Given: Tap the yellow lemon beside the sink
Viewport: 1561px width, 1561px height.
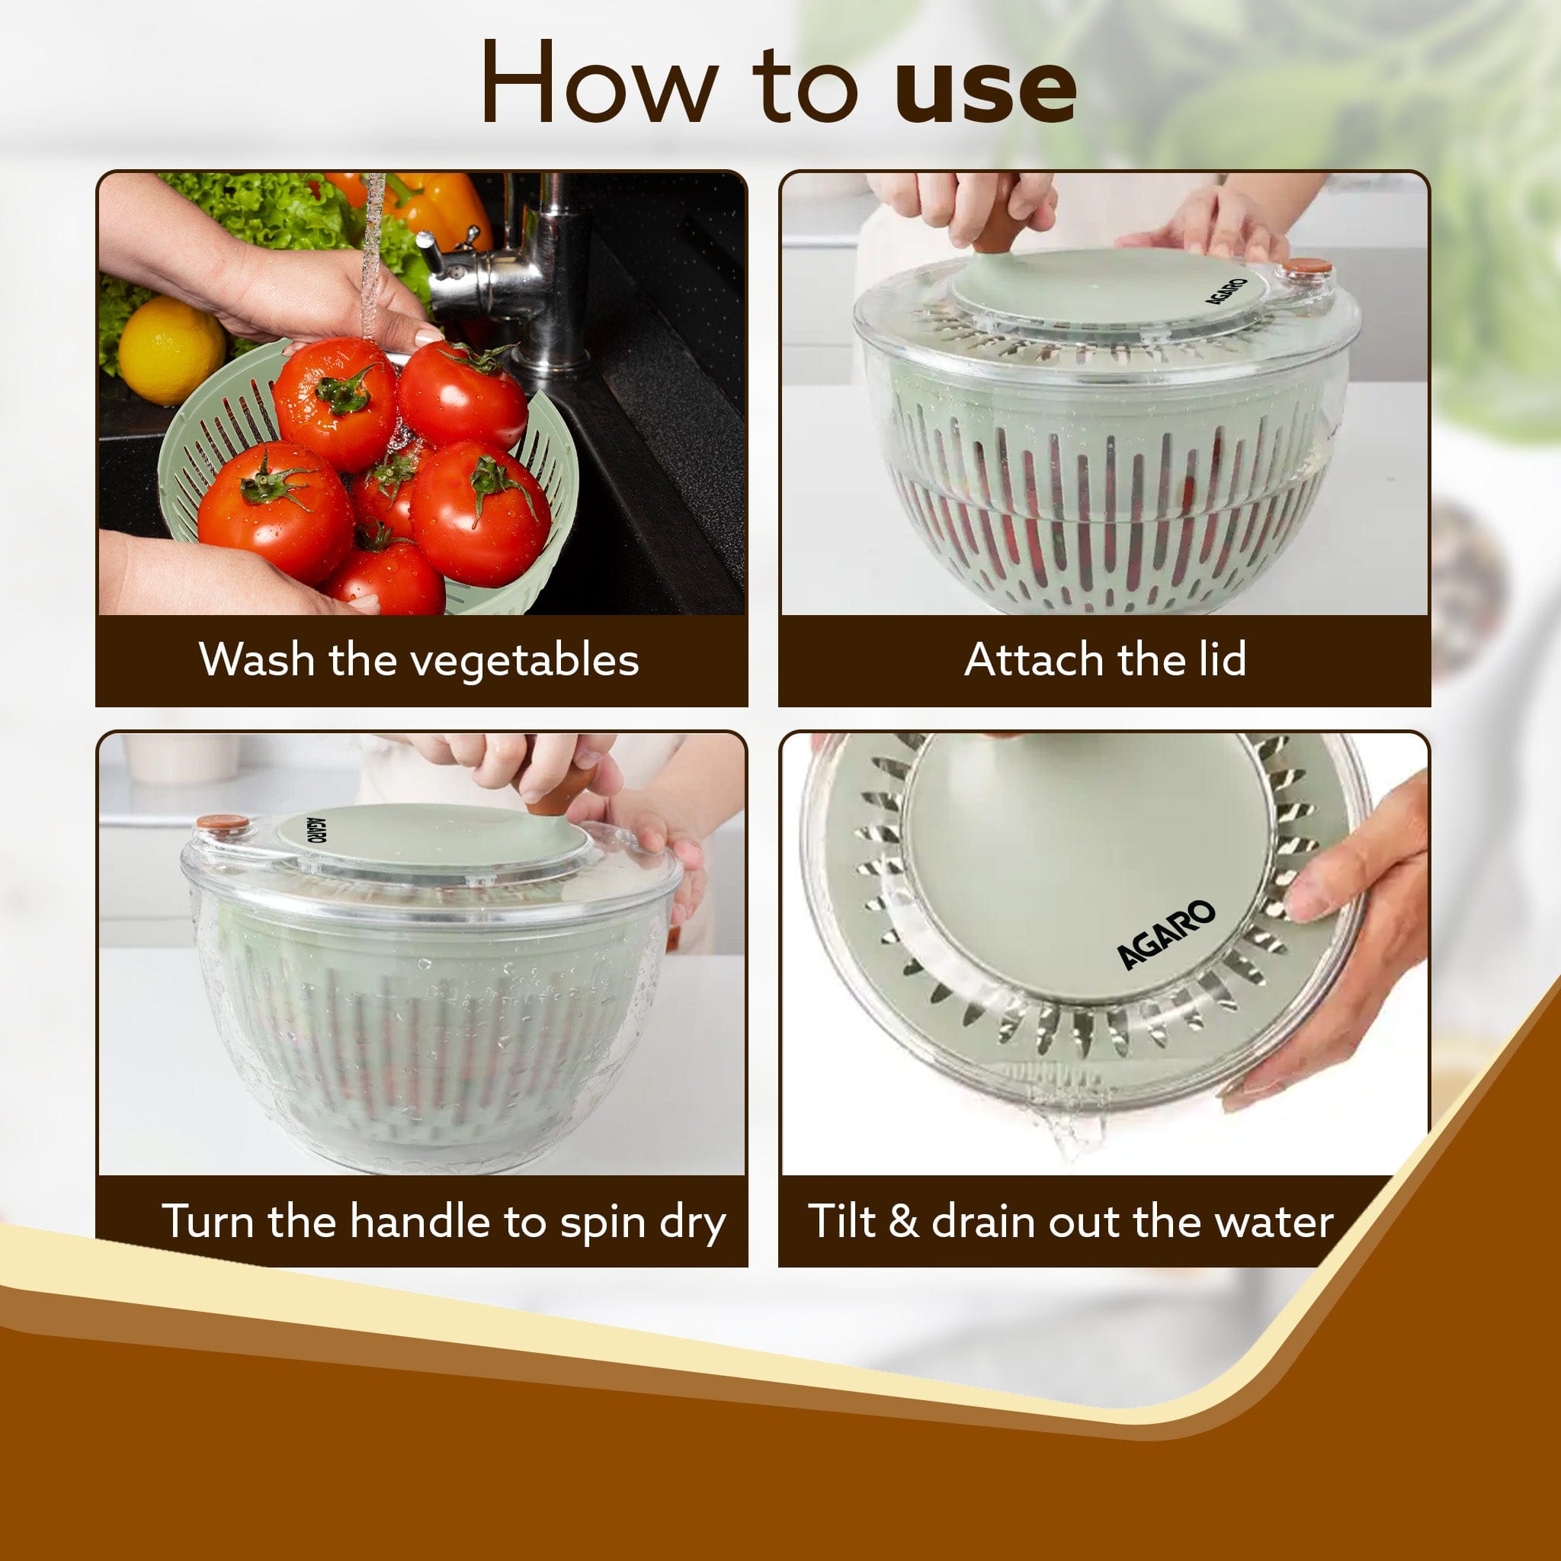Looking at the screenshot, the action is point(171,350).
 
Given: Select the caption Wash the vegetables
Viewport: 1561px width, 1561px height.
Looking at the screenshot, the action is point(419,659).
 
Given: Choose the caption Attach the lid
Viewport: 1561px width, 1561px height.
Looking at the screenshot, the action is point(1104,659).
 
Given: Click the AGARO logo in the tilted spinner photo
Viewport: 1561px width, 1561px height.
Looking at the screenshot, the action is point(1167,934).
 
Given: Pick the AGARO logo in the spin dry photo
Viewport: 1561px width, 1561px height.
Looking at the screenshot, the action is point(317,831).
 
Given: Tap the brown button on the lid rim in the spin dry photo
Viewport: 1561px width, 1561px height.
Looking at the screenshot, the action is point(223,823).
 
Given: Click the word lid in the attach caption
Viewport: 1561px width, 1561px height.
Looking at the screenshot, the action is point(1219,659).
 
